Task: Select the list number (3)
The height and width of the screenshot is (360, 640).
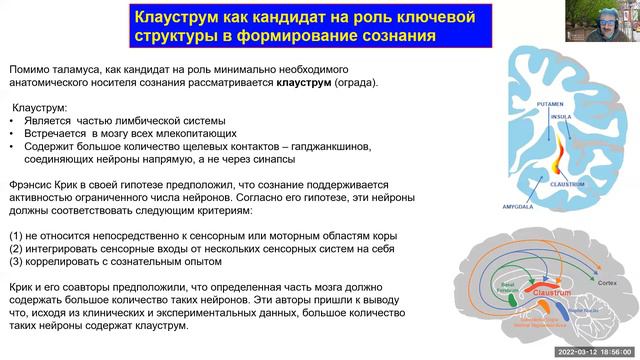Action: (x=18, y=260)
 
